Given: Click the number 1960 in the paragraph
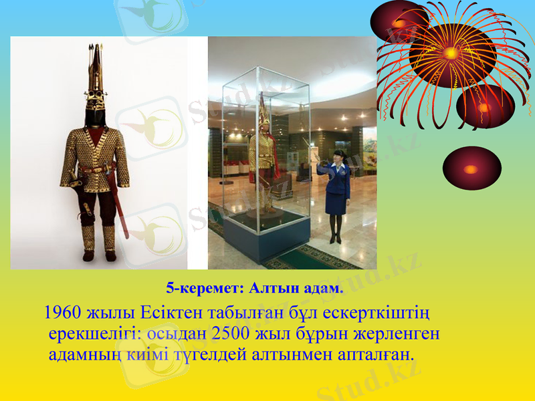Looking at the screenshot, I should (62, 311).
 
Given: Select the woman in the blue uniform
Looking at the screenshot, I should (336, 194).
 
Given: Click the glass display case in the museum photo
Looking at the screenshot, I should (265, 167).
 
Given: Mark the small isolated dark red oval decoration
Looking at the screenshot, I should (471, 168).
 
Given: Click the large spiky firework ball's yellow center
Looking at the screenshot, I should (452, 52).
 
